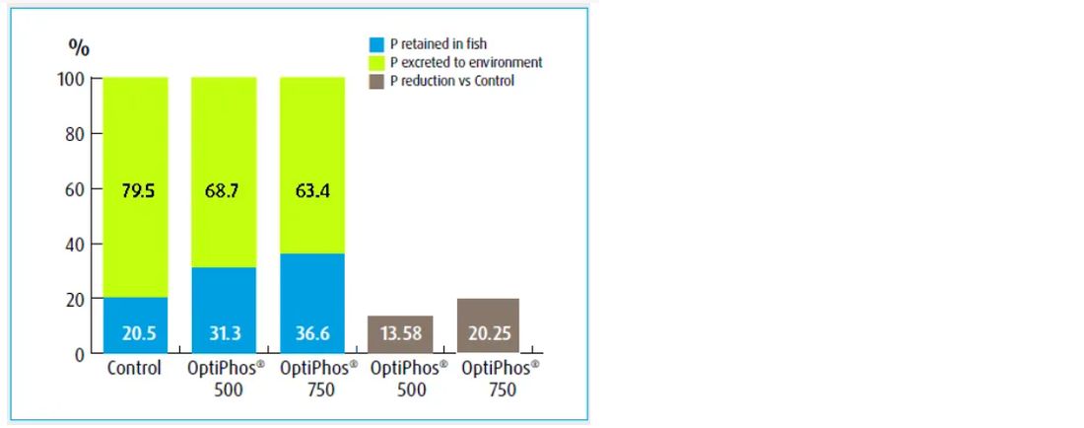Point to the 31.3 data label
coord(224,333)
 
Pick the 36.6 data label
coord(311,333)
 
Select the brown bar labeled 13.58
coord(400,333)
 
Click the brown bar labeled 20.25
coord(488,325)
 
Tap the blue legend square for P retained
coord(375,44)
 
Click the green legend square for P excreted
coord(375,62)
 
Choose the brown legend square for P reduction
coord(375,81)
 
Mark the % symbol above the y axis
coord(79,46)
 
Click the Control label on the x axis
coord(134,370)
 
